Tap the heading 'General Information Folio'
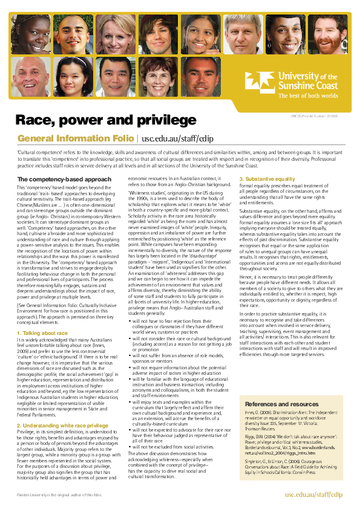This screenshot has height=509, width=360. coord(77,138)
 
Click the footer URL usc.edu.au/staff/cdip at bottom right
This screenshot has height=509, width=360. coord(313,494)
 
